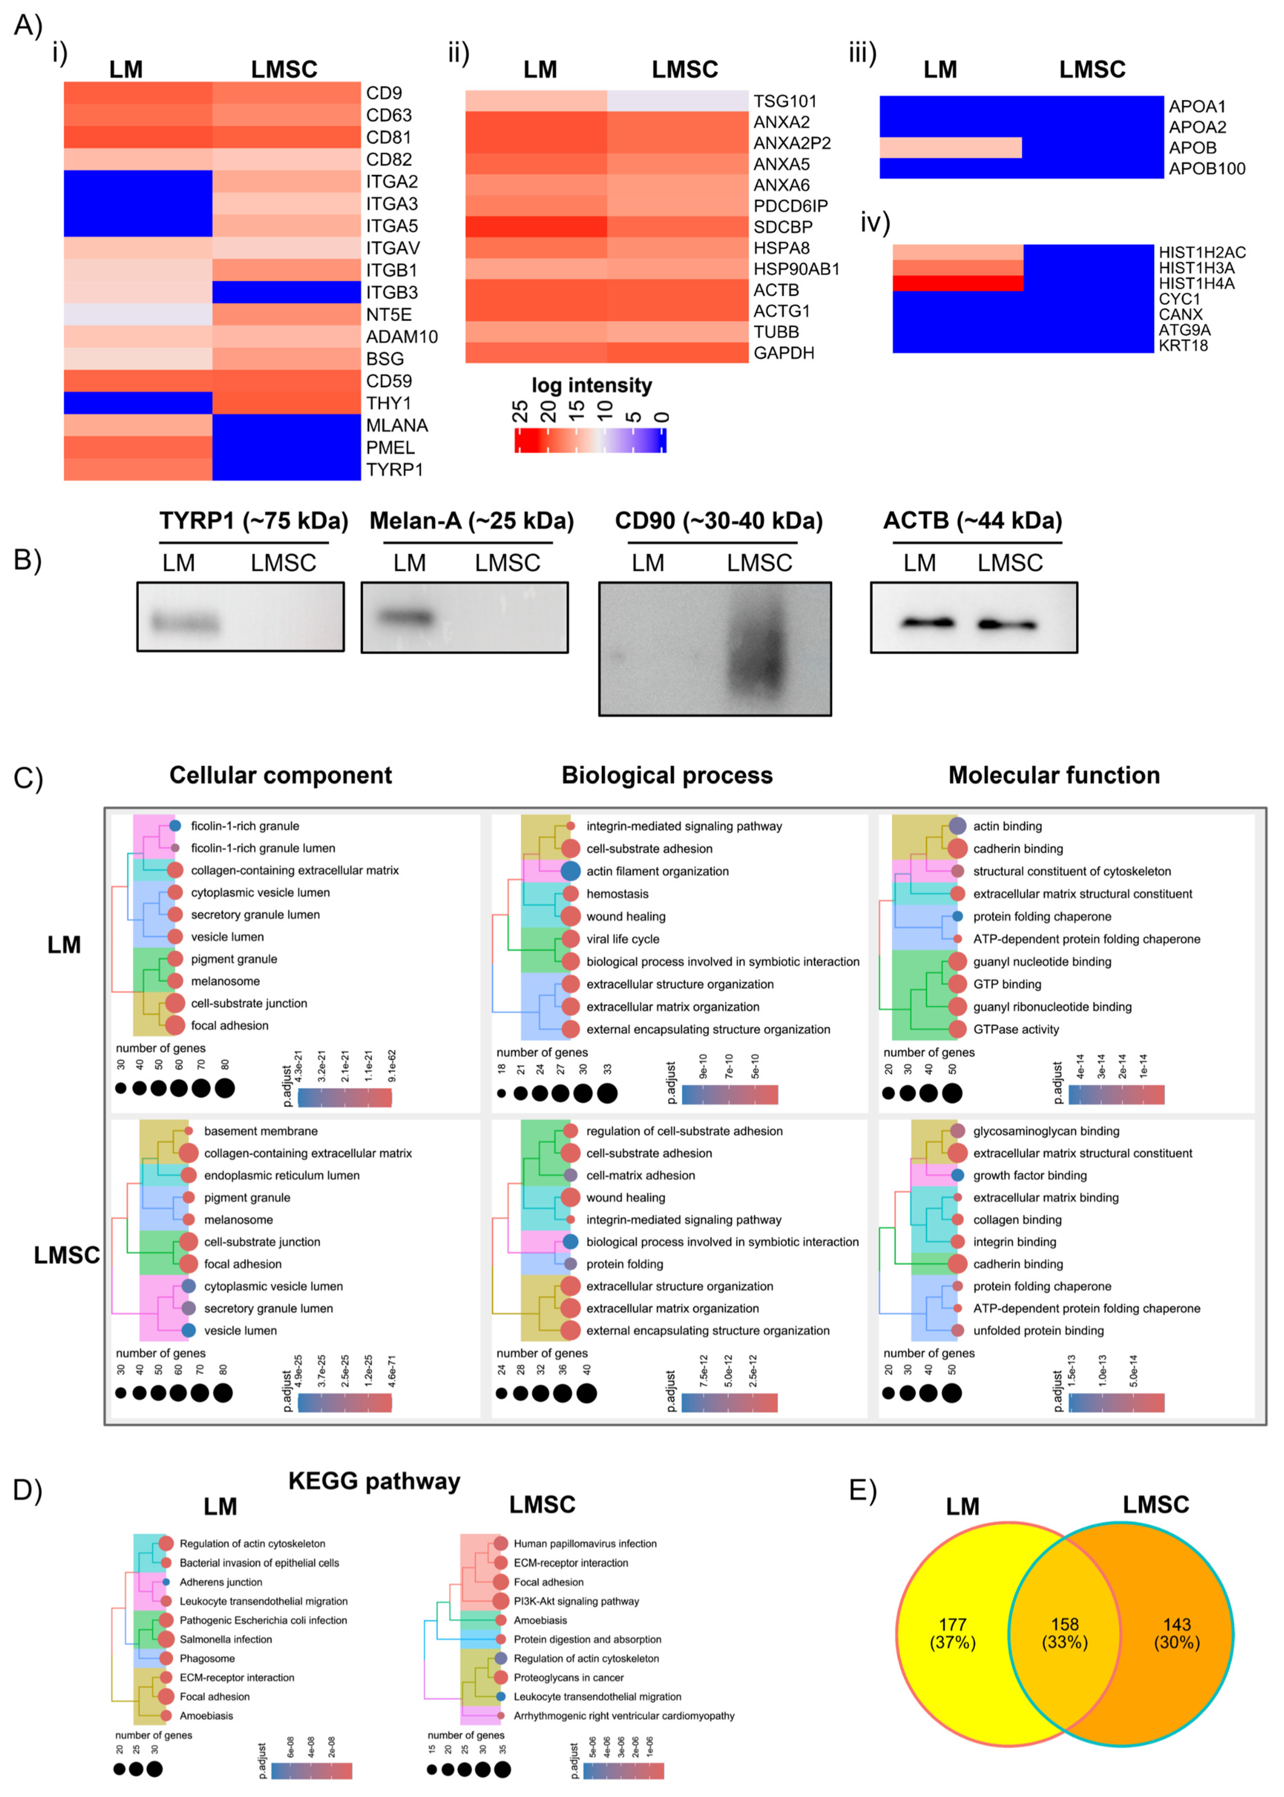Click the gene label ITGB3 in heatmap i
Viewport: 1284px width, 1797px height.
(x=391, y=292)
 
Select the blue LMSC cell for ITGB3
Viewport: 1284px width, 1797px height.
(x=286, y=292)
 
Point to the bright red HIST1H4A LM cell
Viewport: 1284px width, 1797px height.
(x=958, y=283)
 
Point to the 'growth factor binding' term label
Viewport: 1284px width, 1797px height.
(x=1029, y=1176)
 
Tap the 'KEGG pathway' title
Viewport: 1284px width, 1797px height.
(x=374, y=1481)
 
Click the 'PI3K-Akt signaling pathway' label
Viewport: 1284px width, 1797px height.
(x=576, y=1601)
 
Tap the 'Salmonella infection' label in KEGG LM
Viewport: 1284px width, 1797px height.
(x=225, y=1639)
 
